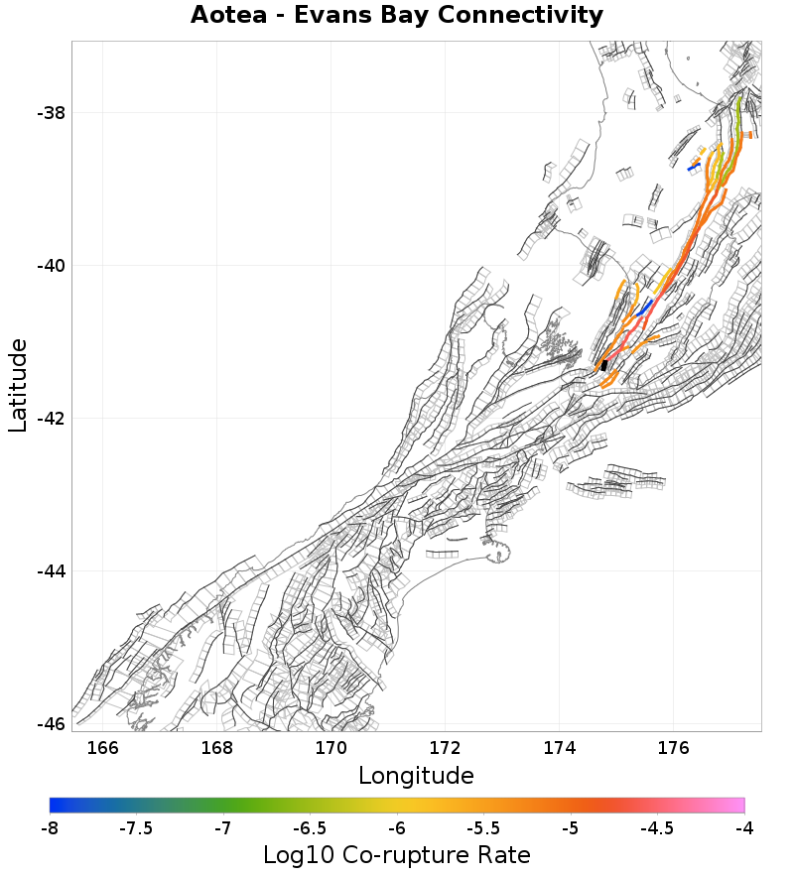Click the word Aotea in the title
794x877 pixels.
coord(228,16)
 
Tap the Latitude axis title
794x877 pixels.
coord(18,385)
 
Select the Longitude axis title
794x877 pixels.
coord(416,775)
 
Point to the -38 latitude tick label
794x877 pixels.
coord(51,113)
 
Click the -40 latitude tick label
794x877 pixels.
coord(51,266)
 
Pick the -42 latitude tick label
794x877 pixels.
coord(51,419)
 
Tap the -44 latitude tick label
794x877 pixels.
coord(51,571)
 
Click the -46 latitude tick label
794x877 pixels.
coord(51,723)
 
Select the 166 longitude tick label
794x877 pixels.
coord(103,747)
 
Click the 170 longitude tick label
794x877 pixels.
coord(331,747)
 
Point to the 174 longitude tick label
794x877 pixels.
coord(560,747)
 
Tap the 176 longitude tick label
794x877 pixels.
coord(674,747)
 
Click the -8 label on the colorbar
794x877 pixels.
coord(50,827)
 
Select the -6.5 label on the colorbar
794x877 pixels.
coord(310,827)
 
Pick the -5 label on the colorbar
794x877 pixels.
coord(571,827)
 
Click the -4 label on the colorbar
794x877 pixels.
coord(744,827)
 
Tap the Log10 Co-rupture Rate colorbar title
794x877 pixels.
coord(397,854)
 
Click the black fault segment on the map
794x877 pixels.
coord(604,365)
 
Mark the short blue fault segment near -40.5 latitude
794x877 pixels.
coord(645,308)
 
